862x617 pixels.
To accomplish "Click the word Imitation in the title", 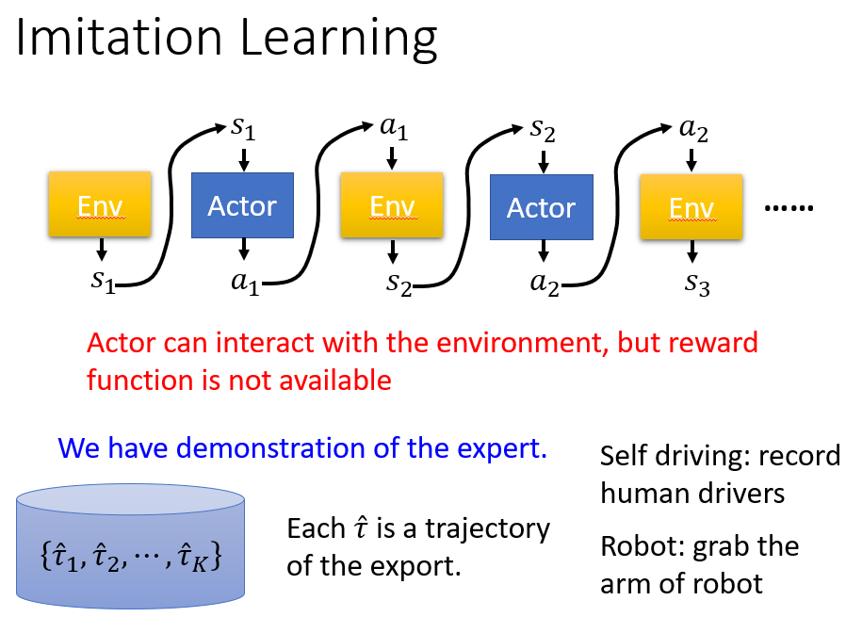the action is [119, 38].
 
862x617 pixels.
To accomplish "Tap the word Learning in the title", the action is [338, 41].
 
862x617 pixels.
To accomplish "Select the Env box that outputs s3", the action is [691, 207].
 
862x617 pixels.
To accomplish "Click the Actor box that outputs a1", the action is [242, 205].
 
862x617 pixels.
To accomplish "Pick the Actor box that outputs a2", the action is [542, 207].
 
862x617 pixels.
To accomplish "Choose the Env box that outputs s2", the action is [392, 205].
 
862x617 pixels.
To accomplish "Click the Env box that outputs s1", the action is [100, 204].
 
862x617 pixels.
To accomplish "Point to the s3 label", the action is [697, 284].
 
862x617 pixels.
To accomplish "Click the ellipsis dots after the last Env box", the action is [789, 208].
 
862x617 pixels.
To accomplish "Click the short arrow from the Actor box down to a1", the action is [244, 249].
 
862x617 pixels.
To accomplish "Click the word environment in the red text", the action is [522, 343].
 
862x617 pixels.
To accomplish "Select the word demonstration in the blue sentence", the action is [271, 447].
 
